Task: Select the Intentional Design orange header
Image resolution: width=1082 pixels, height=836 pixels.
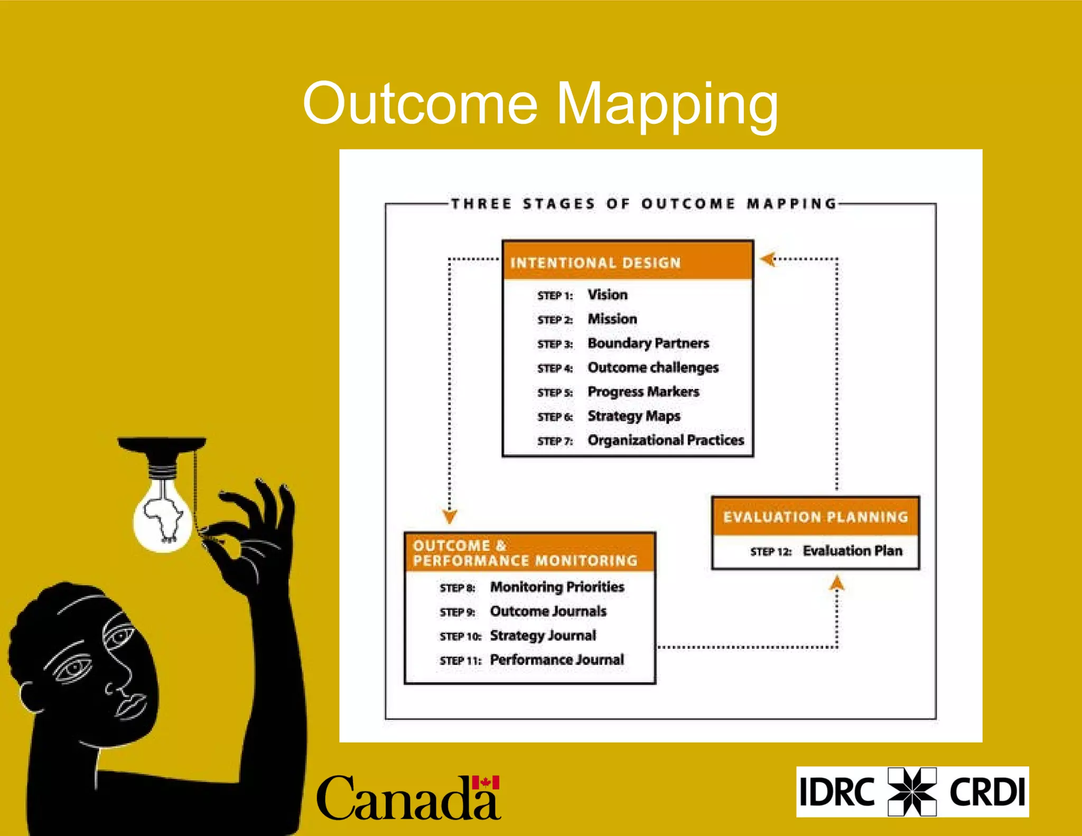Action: (627, 262)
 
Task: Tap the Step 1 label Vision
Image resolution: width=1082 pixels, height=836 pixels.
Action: (608, 294)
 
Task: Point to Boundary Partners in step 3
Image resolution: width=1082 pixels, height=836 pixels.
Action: (648, 343)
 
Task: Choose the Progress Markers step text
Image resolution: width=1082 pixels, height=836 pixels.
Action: (643, 392)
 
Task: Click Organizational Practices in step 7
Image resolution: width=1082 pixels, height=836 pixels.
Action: (665, 440)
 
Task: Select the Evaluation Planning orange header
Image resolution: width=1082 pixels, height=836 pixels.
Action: (815, 516)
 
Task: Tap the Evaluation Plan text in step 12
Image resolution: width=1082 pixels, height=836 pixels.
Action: (852, 551)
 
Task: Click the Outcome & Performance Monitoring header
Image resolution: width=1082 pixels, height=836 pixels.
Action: (529, 553)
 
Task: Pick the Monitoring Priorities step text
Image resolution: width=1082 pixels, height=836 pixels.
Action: (557, 587)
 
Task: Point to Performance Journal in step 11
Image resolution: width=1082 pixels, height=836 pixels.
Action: (557, 659)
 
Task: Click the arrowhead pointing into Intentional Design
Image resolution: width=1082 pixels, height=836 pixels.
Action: (768, 259)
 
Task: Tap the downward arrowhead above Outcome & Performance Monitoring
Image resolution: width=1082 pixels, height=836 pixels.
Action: (450, 516)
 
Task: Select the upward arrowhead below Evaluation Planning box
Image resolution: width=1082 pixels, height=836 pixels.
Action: (836, 584)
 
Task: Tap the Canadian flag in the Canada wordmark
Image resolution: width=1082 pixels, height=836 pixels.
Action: (486, 783)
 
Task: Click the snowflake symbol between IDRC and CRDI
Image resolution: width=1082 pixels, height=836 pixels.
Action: (912, 792)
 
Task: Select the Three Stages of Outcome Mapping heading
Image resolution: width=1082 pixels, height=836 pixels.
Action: (643, 204)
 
